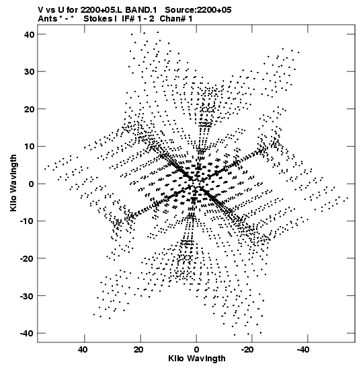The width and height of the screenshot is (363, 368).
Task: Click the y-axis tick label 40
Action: point(29,34)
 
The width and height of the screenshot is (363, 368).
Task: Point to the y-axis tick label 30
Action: point(29,71)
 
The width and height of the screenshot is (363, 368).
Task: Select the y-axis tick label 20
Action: point(29,109)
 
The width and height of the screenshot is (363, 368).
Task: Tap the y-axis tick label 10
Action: point(29,147)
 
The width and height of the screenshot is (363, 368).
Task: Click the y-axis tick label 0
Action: point(32,184)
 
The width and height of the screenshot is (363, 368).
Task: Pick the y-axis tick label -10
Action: point(27,221)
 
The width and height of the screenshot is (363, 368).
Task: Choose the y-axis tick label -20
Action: point(27,258)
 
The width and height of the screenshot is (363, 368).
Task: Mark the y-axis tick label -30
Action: point(27,296)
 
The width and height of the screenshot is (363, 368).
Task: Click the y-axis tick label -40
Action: point(27,333)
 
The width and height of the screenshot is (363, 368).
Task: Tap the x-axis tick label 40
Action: point(83,350)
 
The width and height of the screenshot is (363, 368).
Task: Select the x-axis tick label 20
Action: point(139,350)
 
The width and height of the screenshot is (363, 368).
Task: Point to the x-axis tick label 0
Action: point(196,350)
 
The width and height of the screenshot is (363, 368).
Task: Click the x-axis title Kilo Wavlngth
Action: point(197,359)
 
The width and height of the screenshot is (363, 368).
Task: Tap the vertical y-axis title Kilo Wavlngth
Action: point(13,183)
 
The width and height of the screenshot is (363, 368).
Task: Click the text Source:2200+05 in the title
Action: point(198,10)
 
